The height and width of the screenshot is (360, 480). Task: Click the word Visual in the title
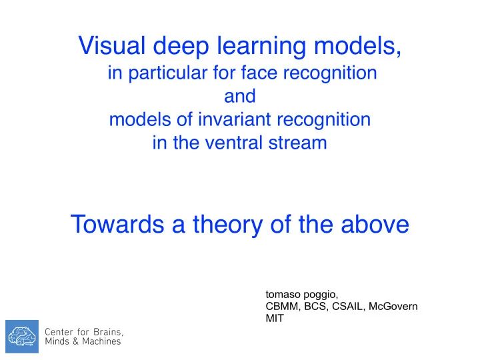[113, 45]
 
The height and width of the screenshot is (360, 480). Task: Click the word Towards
[116, 225]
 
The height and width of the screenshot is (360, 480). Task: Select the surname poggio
[321, 295]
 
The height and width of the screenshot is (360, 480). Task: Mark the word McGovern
[394, 306]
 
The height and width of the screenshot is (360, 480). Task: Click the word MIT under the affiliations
[274, 318]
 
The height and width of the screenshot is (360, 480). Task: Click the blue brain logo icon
[22, 336]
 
